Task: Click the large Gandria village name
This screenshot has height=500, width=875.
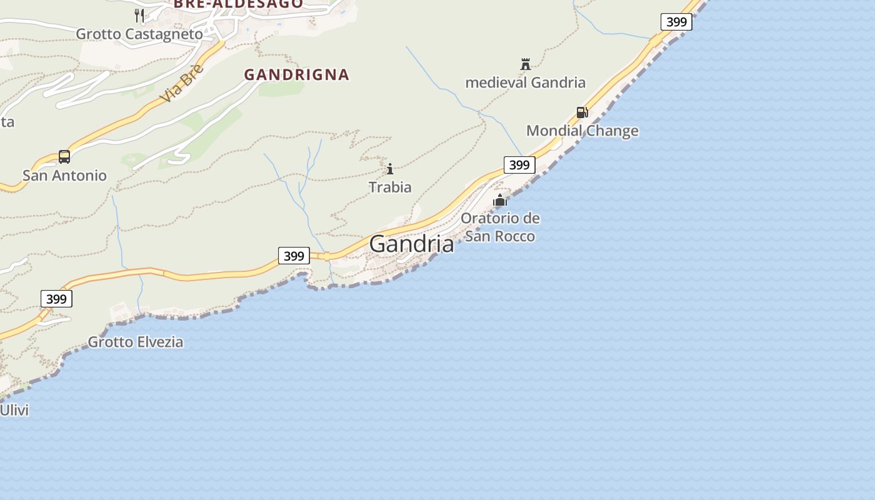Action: coord(411,244)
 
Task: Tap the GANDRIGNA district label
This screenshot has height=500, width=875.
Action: coord(296,74)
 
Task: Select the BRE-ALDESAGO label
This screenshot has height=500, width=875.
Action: coord(238,4)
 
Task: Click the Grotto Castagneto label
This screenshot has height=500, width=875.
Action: coord(139,34)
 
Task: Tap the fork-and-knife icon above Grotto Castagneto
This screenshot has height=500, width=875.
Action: coord(139,16)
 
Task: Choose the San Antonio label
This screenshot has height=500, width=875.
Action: coord(64,176)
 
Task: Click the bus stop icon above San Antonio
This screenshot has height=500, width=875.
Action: coord(64,156)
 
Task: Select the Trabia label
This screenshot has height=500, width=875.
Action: coord(390,187)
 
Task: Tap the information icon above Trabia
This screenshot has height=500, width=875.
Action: coord(390,169)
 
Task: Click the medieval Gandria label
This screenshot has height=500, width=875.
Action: coord(525,82)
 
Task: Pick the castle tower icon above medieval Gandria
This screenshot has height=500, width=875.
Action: coord(525,64)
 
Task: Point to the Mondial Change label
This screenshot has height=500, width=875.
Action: coord(582,131)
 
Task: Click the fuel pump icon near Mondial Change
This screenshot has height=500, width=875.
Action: coord(582,112)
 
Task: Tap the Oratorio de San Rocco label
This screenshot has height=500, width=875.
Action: coord(500,227)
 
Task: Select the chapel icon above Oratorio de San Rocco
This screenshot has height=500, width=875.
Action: coord(500,201)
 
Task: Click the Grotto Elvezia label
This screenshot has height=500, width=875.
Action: coord(135,342)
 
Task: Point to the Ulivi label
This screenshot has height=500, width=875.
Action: coord(14,411)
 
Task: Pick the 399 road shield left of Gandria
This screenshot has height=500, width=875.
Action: coord(294,256)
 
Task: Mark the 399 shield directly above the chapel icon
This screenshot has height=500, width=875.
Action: coord(519,165)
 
